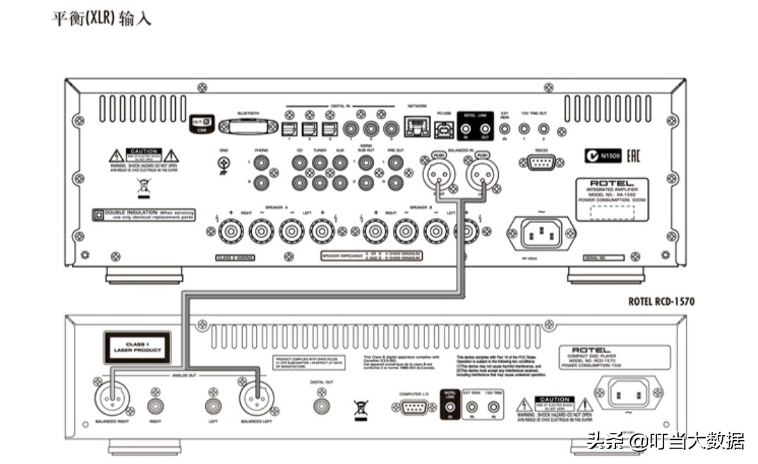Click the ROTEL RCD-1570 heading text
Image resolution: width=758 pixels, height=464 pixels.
coord(661,302)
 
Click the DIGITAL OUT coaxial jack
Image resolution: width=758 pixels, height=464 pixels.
coord(321,406)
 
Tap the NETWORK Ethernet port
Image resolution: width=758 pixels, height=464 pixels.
coord(416,128)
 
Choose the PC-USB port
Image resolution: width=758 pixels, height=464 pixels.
coord(443,128)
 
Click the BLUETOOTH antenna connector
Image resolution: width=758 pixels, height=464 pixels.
coord(247,127)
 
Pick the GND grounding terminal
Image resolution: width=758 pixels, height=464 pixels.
coord(224,164)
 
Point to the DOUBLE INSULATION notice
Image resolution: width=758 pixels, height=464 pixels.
coord(143,215)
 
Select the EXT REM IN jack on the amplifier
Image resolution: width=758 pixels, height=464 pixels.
coord(504,129)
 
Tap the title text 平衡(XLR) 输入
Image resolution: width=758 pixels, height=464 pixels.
coord(102,18)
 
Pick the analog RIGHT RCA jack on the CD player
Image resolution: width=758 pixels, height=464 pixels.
coord(156,406)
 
